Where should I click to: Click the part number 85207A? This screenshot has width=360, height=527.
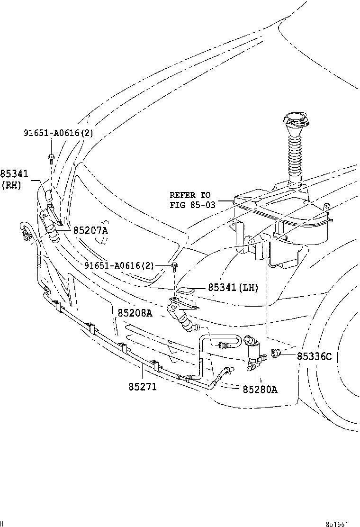pyautogui.click(x=90, y=230)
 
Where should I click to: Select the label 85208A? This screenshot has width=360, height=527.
pyautogui.click(x=135, y=313)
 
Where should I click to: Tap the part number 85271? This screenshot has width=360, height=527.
pyautogui.click(x=142, y=387)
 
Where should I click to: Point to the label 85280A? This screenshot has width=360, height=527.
pyautogui.click(x=260, y=390)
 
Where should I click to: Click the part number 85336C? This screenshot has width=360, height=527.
pyautogui.click(x=315, y=356)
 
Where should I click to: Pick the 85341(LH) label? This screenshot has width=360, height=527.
pyautogui.click(x=233, y=287)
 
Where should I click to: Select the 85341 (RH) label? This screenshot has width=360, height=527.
pyautogui.click(x=14, y=180)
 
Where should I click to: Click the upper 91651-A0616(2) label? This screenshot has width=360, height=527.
pyautogui.click(x=59, y=133)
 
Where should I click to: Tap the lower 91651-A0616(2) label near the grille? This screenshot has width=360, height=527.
pyautogui.click(x=119, y=265)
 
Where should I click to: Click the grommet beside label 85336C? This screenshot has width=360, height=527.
pyautogui.click(x=276, y=353)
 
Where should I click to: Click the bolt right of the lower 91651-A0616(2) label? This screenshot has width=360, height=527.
pyautogui.click(x=175, y=266)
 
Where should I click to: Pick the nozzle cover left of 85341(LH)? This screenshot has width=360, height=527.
pyautogui.click(x=186, y=290)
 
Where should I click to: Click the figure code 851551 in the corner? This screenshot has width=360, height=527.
pyautogui.click(x=336, y=524)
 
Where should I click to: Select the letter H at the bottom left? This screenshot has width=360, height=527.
pyautogui.click(x=3, y=523)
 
